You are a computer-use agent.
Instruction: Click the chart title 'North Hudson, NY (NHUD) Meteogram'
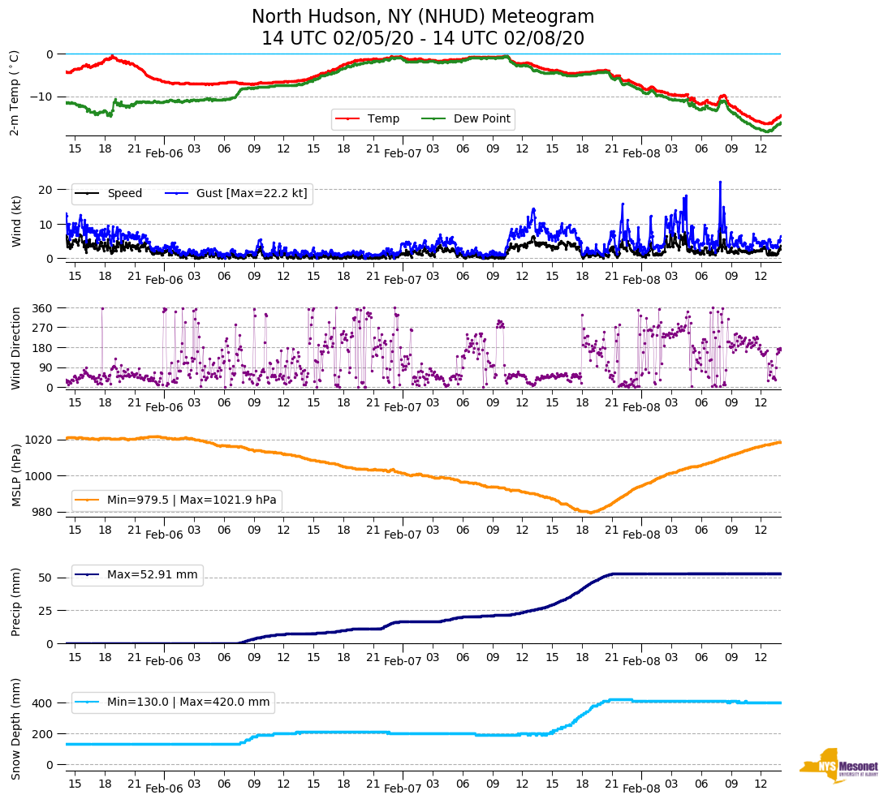pyautogui.click(x=422, y=17)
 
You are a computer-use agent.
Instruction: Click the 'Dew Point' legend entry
pyautogui.click(x=481, y=119)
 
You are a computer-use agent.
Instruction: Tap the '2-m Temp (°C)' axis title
pyautogui.click(x=15, y=92)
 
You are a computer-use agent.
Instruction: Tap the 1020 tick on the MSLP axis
pyautogui.click(x=40, y=440)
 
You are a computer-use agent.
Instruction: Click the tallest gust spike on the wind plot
pyautogui.click(x=720, y=183)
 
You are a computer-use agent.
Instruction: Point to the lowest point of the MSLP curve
pyautogui.click(x=591, y=513)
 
